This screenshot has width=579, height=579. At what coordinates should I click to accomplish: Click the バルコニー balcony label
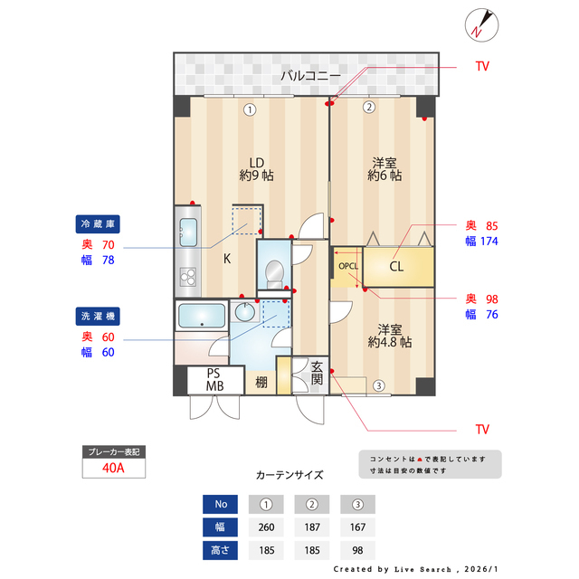coord(310,76)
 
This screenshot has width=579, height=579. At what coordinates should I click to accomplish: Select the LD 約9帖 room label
coord(257,168)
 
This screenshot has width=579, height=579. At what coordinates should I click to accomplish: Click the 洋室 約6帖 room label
coord(384,168)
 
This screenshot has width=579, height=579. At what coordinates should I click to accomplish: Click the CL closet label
coord(396,267)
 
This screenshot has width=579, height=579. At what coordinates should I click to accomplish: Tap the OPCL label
coord(348,267)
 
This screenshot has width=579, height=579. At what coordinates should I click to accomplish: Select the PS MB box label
coord(214,380)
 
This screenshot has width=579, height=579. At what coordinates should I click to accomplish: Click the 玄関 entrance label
coord(318,374)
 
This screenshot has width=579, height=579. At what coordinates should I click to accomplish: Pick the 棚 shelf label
coord(261,382)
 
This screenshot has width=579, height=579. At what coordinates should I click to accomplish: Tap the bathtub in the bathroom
coord(202,317)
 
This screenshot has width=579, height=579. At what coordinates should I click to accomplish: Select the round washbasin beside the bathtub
coord(244,312)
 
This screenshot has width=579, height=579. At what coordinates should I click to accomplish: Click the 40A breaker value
coord(113,469)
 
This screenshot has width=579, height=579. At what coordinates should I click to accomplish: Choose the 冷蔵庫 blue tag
coord(99,223)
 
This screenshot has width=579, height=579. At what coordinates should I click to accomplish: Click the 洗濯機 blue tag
coord(99,317)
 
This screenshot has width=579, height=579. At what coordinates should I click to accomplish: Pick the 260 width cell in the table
coord(266,527)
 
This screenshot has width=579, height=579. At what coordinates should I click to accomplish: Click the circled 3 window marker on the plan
coord(379,385)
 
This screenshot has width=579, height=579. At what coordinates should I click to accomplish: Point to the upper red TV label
coord(483,67)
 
